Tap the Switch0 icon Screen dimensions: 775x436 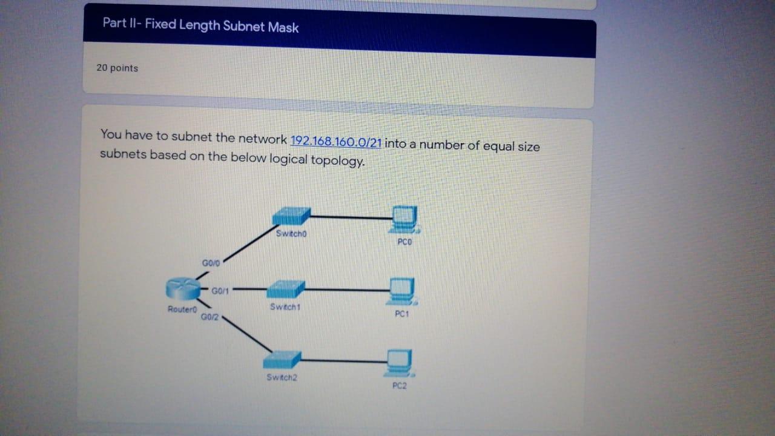coord(291,216)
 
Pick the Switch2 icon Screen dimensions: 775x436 coord(282,359)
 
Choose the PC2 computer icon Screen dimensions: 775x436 coord(400,362)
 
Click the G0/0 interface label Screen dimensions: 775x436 coord(212,263)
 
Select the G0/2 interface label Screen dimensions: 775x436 coord(209,317)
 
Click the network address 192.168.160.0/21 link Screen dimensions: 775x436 coord(336,142)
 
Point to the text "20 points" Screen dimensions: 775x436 coord(117,68)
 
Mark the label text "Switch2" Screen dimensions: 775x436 coord(282,377)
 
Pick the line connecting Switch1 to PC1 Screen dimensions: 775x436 coord(345,290)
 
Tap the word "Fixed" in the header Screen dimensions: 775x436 coord(160,25)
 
